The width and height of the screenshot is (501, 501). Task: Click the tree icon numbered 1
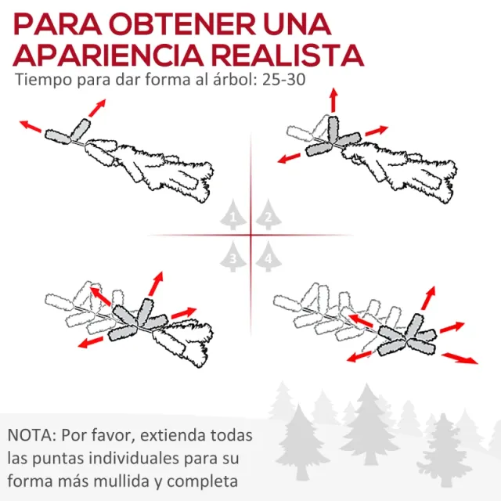232,214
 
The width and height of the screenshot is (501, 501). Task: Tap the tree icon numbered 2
269,214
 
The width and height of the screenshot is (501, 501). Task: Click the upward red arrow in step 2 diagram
333,100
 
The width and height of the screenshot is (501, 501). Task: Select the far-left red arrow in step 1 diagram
31,124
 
